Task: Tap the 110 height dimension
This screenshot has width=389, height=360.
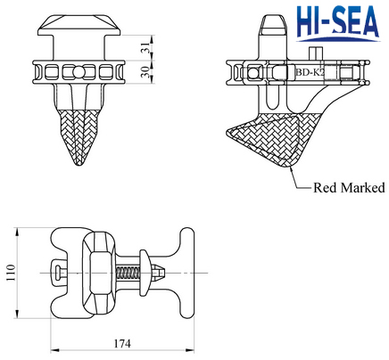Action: pyautogui.click(x=9, y=271)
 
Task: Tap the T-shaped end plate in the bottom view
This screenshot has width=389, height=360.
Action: pyautogui.click(x=187, y=271)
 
